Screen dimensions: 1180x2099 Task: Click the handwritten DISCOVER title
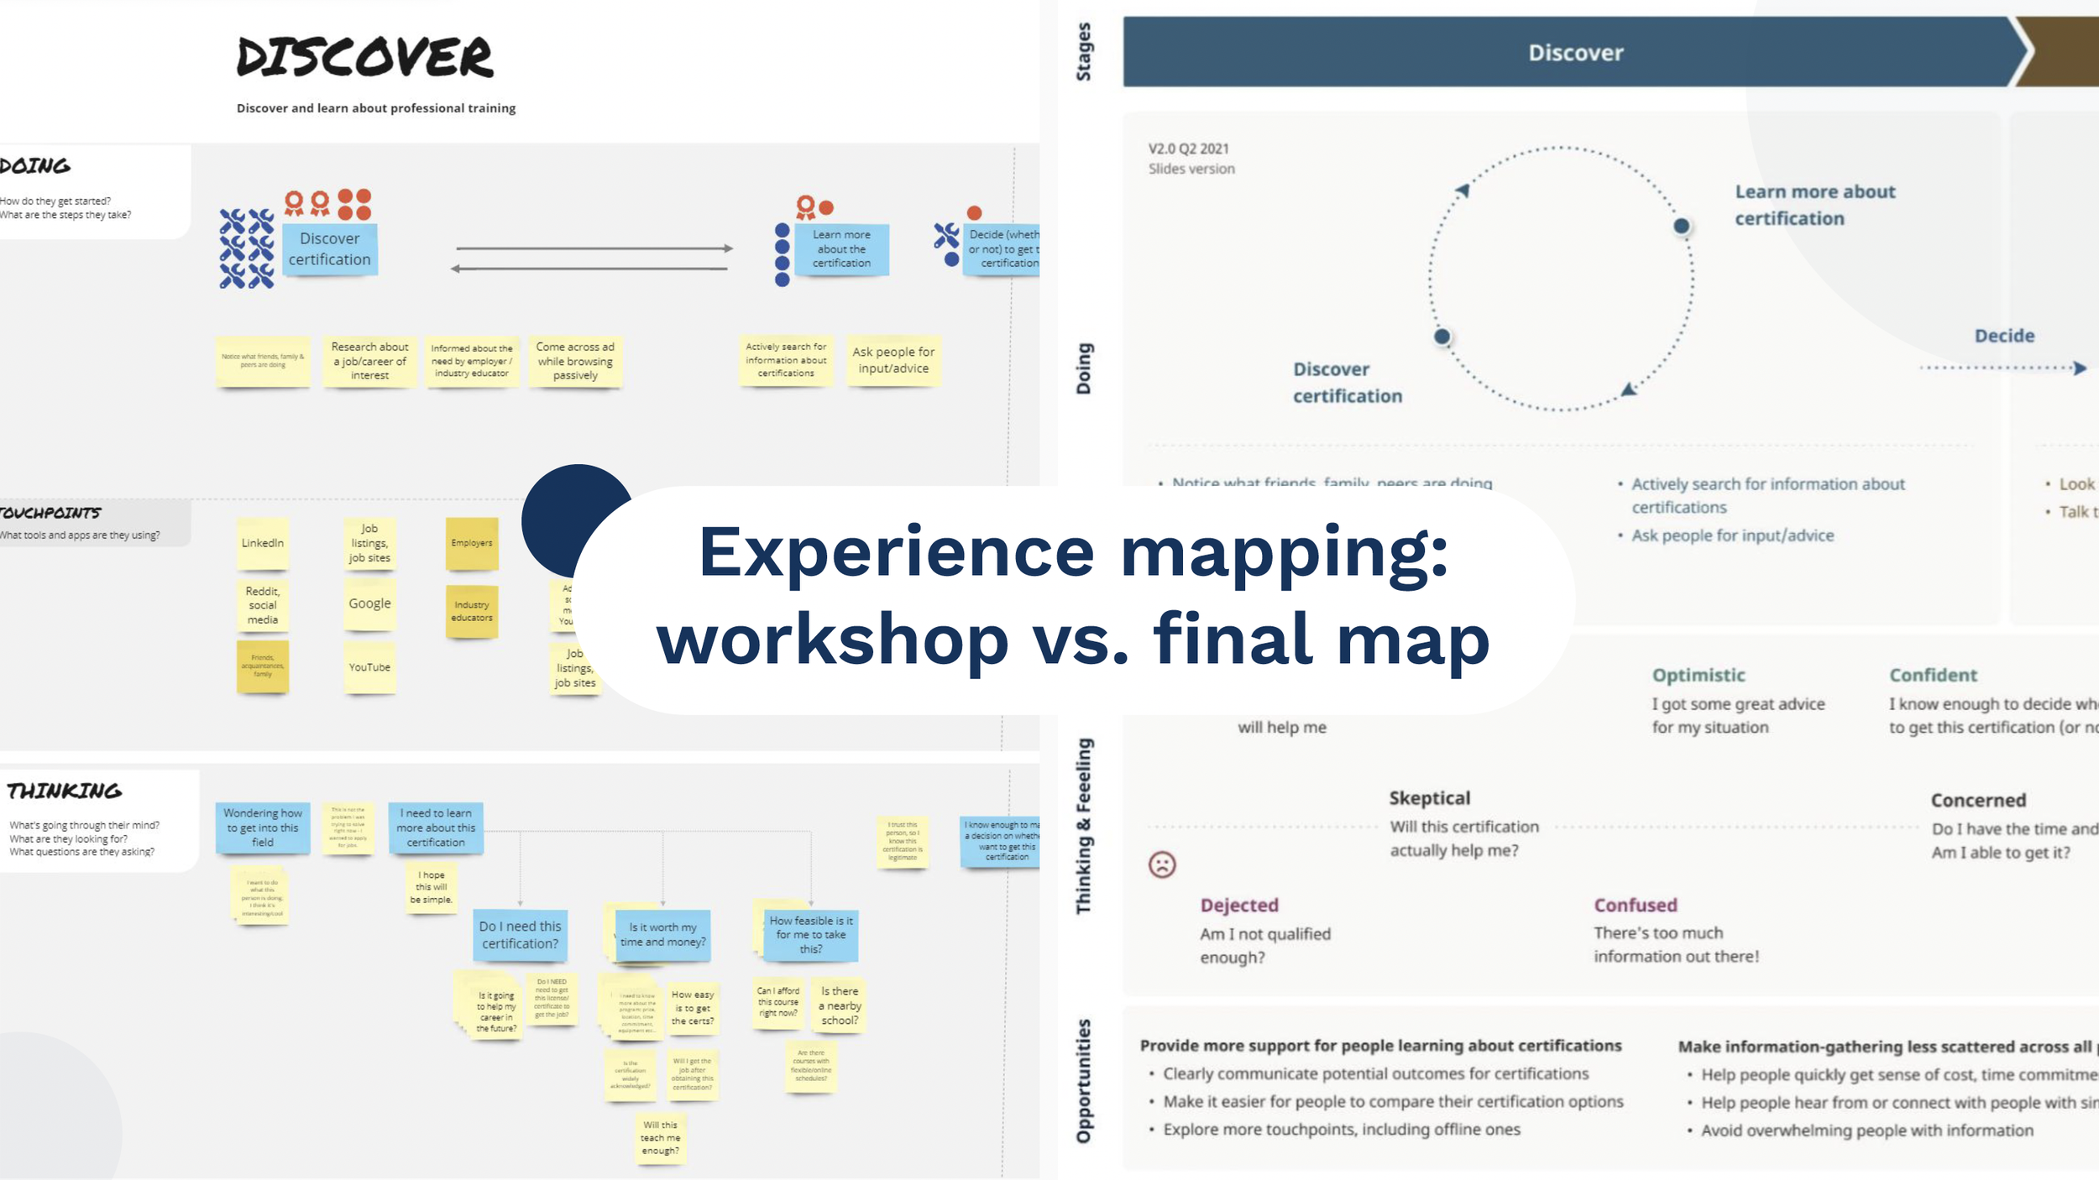(x=364, y=57)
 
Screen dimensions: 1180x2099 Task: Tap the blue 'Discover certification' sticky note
(x=329, y=249)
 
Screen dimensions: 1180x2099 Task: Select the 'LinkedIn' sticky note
(x=263, y=543)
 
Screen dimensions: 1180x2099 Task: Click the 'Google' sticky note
(x=369, y=603)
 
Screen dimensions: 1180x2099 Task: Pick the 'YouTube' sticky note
(x=369, y=667)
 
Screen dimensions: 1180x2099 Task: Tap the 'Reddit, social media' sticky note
(x=263, y=605)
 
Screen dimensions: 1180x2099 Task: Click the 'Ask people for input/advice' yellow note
(x=893, y=360)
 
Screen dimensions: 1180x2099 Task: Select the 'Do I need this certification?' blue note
(x=520, y=935)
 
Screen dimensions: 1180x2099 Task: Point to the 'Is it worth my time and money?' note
(x=662, y=935)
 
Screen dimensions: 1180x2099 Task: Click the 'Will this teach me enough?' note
(x=661, y=1138)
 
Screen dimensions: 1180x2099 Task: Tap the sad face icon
(x=1162, y=864)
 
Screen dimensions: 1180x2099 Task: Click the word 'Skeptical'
(x=1429, y=798)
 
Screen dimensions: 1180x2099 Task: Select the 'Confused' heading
(x=1636, y=905)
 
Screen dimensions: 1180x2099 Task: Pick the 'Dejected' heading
(x=1239, y=905)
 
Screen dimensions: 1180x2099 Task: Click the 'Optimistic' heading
(x=1699, y=675)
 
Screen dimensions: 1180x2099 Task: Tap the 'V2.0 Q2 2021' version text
(x=1188, y=149)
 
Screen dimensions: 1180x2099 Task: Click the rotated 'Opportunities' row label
(x=1084, y=1081)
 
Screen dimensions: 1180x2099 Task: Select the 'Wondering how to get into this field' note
(x=263, y=828)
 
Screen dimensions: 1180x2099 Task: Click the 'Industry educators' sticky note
(x=472, y=611)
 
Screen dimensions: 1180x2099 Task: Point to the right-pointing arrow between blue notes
(x=594, y=248)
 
